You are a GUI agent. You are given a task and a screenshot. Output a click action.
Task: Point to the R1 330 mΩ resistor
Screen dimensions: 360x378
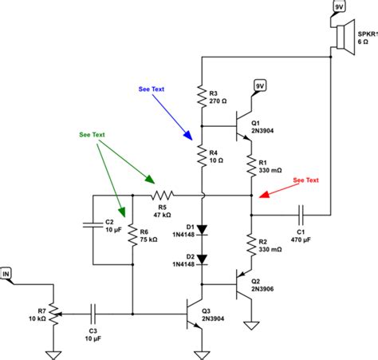click(251, 165)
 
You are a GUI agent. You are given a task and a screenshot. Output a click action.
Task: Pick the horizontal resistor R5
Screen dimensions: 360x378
click(163, 194)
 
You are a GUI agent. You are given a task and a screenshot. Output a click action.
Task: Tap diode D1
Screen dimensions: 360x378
click(203, 230)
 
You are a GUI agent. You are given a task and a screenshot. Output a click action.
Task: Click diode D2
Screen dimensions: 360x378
click(203, 258)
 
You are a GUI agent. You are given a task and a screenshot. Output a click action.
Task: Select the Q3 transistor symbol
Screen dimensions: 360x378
click(196, 312)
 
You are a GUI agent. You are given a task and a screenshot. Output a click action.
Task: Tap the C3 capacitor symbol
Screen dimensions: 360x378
click(94, 312)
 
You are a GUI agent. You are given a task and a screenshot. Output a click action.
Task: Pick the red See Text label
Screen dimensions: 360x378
click(305, 180)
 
